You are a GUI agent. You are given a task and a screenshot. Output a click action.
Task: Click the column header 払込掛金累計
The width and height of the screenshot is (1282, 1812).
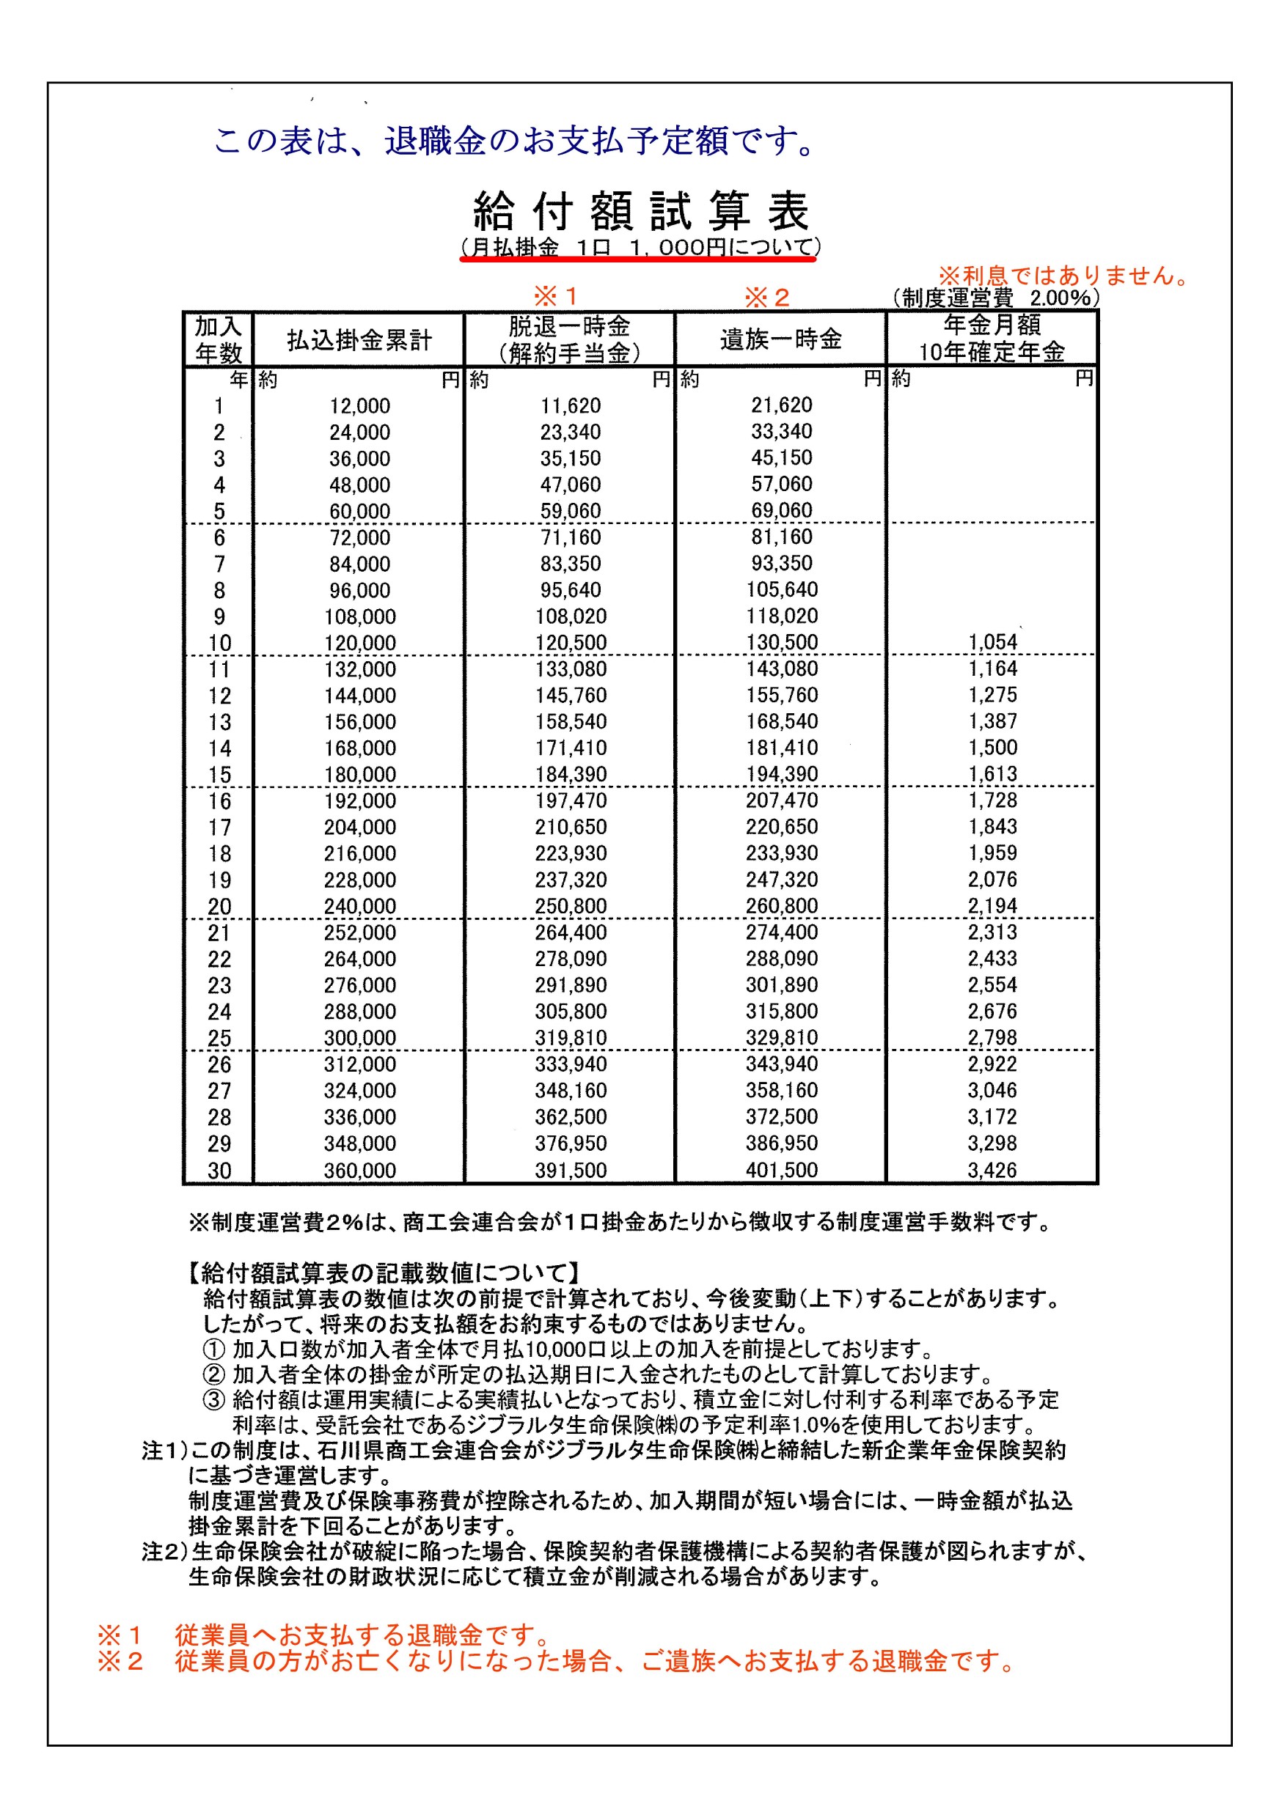click(359, 340)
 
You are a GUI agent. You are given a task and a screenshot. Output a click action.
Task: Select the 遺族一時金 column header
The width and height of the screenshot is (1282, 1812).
click(780, 339)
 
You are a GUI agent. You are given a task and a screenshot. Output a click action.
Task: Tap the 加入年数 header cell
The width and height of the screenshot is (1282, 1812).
click(219, 339)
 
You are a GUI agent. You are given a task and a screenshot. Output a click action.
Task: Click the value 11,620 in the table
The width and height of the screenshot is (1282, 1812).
click(570, 405)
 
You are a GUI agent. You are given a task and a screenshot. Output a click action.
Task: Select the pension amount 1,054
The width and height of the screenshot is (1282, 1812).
click(992, 642)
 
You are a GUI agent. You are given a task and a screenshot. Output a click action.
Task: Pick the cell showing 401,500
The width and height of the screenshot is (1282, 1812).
click(782, 1170)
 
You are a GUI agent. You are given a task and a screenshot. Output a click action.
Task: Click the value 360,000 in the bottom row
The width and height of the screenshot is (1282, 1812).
click(359, 1171)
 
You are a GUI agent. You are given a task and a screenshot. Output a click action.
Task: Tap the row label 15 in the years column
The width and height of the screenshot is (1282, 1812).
click(219, 775)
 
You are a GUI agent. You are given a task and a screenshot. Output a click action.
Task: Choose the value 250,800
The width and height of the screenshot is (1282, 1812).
click(570, 906)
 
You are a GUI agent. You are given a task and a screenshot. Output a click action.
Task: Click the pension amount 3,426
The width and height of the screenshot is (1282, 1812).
click(992, 1170)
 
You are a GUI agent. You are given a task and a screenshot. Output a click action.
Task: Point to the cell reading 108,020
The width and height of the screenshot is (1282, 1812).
click(570, 616)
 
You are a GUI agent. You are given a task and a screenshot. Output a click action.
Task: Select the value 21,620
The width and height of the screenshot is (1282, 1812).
click(782, 405)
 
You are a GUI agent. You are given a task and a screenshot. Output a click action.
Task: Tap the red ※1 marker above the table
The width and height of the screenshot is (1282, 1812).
click(556, 297)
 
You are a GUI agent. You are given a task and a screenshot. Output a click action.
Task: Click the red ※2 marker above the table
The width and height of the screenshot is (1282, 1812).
click(766, 298)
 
